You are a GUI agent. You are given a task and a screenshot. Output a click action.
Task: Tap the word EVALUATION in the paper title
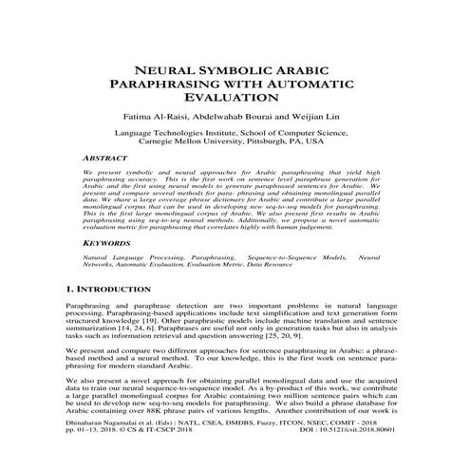pyautogui.click(x=234, y=98)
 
